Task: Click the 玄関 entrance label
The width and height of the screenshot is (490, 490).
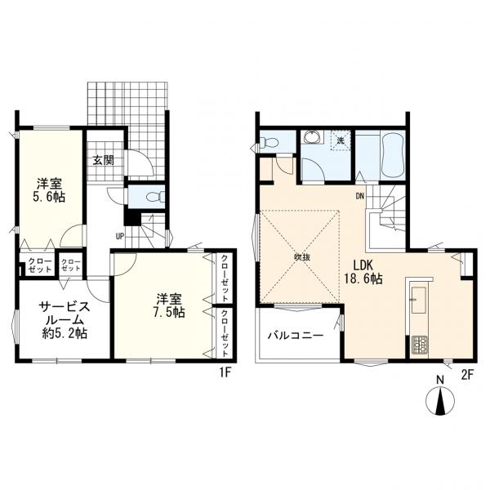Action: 103,159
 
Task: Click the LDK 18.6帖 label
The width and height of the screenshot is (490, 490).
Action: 363,272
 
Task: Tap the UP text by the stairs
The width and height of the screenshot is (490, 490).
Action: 119,237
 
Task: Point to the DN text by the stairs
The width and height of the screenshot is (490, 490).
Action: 360,195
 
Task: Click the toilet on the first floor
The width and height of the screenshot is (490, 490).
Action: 151,196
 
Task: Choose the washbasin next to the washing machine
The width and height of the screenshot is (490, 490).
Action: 311,141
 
